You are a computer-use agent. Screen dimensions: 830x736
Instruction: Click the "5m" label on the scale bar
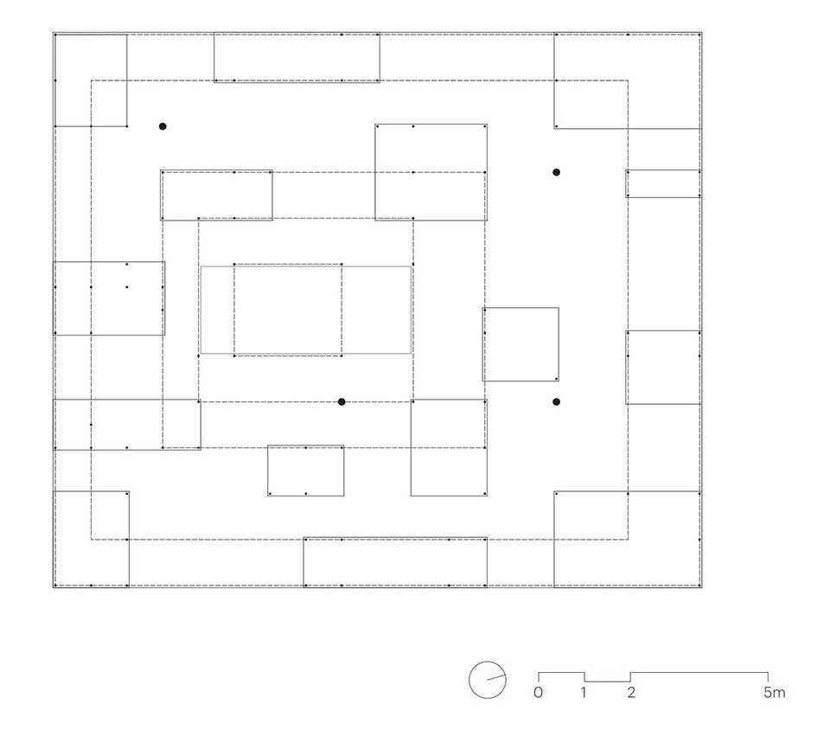[x=774, y=692]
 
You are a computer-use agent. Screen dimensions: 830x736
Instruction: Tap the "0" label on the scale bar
[x=538, y=692]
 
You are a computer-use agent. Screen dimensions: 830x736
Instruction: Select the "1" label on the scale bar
[x=584, y=692]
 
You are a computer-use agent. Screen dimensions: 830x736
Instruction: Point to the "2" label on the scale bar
[x=631, y=692]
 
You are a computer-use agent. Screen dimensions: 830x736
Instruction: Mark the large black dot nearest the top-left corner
[x=163, y=126]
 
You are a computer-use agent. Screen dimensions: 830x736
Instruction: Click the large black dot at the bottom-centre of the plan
[x=342, y=402]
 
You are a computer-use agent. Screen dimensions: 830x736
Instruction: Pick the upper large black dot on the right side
[x=556, y=172]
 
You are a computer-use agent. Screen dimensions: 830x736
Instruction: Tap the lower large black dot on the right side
[x=556, y=402]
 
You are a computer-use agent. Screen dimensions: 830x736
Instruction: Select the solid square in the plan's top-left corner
[x=127, y=80]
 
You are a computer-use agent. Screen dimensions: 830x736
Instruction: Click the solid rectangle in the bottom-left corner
[x=129, y=539]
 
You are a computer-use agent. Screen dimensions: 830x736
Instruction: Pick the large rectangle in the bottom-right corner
[x=554, y=539]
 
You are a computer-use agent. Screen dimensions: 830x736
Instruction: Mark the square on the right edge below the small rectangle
[x=626, y=368]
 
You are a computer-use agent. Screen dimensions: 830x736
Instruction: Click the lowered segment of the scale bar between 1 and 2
[x=607, y=682]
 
